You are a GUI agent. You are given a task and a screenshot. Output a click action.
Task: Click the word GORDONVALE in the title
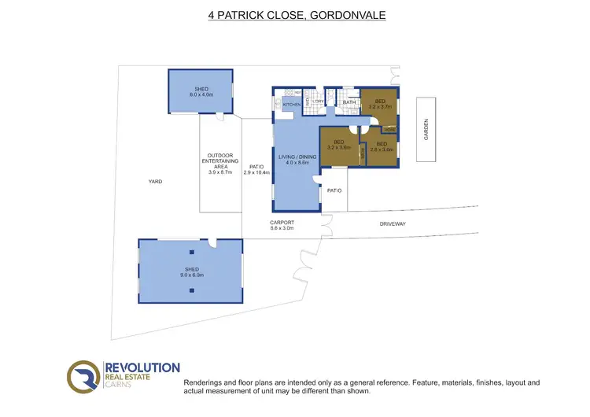348,15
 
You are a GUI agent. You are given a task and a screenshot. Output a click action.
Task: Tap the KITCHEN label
290,105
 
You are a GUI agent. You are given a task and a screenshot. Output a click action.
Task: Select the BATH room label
349,102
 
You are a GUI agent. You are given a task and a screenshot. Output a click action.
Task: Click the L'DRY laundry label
318,101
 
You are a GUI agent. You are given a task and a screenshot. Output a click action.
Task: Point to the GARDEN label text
427,129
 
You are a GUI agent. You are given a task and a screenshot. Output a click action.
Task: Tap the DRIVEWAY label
393,224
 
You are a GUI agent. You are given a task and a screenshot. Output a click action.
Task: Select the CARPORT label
282,223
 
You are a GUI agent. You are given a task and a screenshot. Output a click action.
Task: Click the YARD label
155,182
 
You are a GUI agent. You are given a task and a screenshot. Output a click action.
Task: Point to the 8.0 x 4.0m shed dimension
201,94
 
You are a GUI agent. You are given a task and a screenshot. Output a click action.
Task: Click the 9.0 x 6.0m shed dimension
192,275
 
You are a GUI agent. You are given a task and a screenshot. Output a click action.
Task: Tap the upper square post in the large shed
191,252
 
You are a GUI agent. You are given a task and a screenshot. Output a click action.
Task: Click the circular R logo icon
83,377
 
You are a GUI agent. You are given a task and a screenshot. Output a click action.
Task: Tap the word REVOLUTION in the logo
142,367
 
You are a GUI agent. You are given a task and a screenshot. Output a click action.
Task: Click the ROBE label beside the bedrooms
389,130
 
